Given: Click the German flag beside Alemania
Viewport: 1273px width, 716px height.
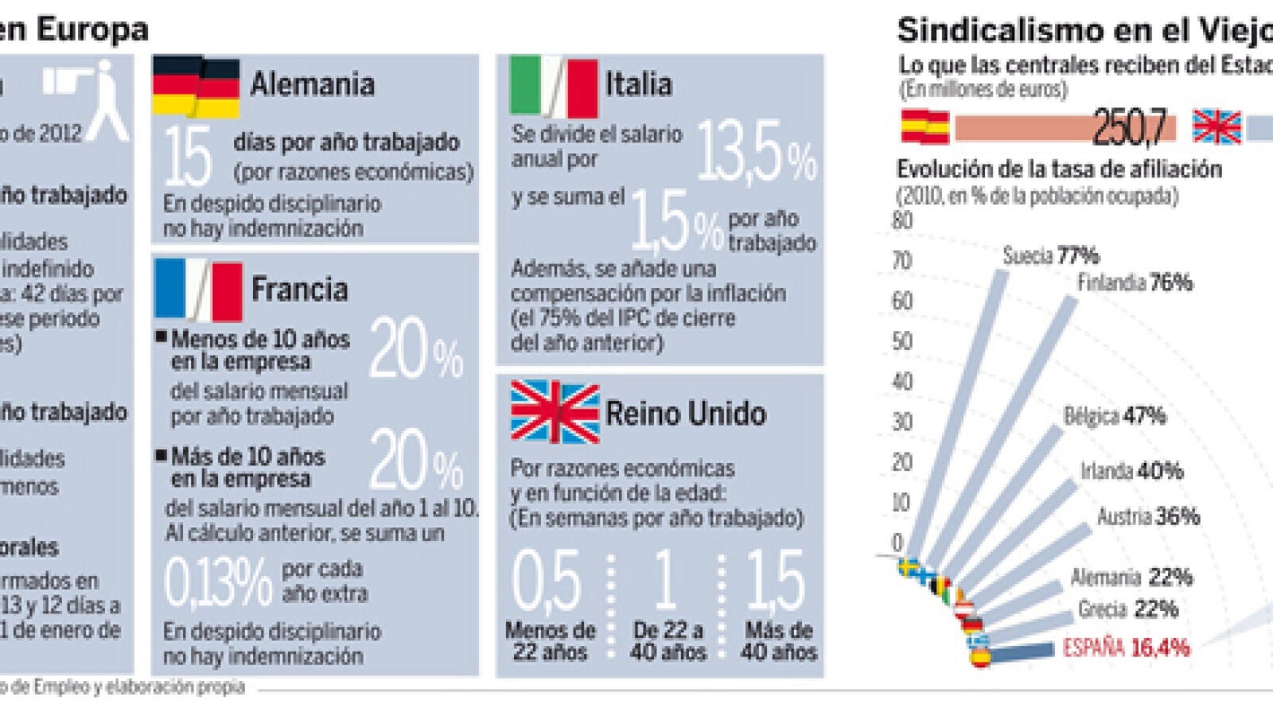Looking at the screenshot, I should click(197, 87).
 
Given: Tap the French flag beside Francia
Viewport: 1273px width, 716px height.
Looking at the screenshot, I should click(198, 290).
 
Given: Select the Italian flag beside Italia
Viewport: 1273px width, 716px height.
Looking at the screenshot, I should click(553, 86).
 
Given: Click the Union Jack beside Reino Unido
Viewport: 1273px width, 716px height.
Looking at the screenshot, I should click(555, 412).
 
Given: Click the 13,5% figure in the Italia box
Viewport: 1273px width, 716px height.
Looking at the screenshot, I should click(756, 151).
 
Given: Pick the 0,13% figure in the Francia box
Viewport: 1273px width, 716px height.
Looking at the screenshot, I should click(218, 582).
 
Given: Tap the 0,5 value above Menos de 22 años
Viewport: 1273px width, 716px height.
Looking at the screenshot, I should click(547, 580).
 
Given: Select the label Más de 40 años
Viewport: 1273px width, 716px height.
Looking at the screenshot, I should click(778, 641).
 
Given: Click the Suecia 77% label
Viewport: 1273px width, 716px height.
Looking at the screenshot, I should click(1050, 255).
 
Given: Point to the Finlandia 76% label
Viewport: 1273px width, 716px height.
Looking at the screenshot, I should click(1135, 282).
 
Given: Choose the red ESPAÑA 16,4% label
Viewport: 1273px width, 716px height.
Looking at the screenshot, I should click(1126, 648).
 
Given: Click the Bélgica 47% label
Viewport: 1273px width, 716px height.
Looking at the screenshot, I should click(1115, 415).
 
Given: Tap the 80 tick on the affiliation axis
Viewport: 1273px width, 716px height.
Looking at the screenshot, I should click(902, 220).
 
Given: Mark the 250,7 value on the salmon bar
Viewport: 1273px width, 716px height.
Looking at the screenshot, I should click(1130, 127).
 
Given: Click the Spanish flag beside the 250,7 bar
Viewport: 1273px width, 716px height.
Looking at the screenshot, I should click(925, 127).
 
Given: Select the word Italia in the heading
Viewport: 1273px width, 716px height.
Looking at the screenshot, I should click(638, 84).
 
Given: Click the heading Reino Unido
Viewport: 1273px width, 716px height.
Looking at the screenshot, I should click(686, 414).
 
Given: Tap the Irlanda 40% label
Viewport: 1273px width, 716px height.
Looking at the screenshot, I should click(1131, 471).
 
